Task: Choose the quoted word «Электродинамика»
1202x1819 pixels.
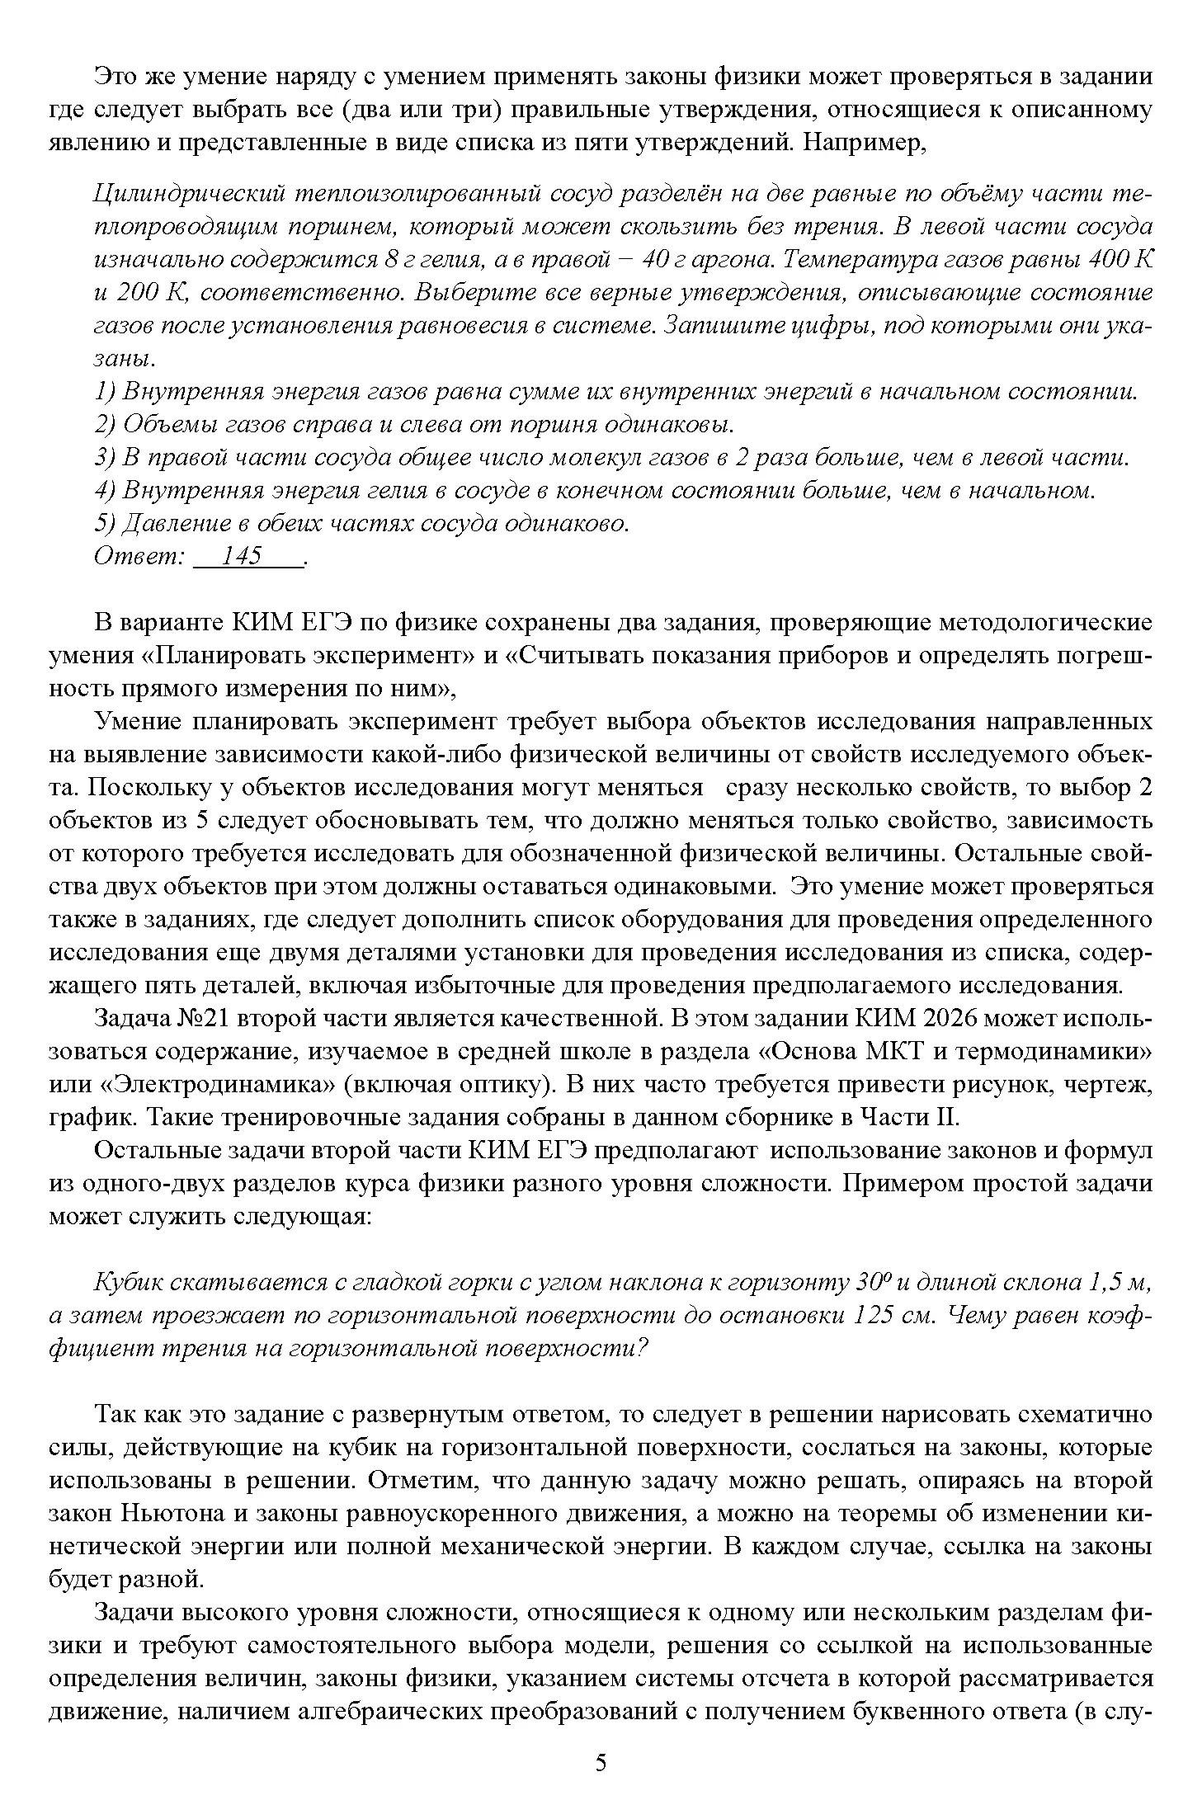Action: click(x=148, y=1085)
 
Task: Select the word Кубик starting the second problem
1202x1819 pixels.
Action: click(x=130, y=1283)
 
